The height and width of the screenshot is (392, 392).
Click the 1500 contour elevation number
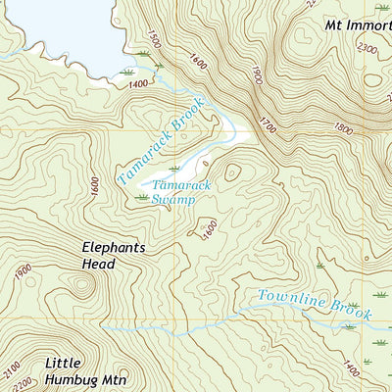point(152,42)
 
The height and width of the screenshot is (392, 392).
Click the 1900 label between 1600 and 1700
point(257,75)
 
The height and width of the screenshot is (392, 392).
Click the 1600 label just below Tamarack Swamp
point(209,228)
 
